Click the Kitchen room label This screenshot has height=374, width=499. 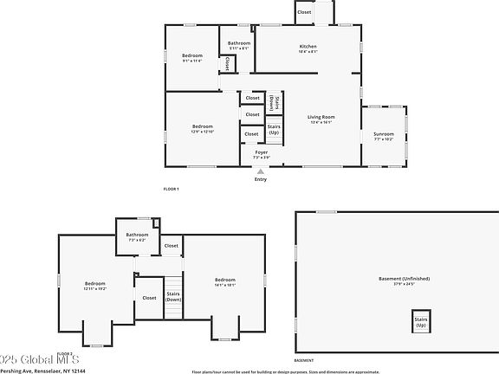308,48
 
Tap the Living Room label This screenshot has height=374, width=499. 321,119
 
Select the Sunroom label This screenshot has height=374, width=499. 383,136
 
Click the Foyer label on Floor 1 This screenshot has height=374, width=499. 261,154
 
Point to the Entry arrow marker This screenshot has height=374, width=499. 261,172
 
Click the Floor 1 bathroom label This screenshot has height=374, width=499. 239,45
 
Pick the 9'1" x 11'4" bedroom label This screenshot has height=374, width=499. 191,58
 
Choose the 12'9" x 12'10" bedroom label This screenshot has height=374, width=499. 202,129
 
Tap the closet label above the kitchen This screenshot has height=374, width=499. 304,12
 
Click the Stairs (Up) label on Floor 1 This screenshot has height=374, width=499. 274,130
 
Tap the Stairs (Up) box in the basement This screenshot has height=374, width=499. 421,322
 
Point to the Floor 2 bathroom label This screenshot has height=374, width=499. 137,236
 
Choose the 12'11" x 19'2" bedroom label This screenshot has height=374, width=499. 94,286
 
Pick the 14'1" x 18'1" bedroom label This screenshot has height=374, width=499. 225,281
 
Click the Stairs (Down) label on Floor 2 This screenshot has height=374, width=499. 174,298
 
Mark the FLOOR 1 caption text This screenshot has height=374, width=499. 171,189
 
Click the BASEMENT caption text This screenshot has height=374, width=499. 304,360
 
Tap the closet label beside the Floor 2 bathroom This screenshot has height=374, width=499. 172,246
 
